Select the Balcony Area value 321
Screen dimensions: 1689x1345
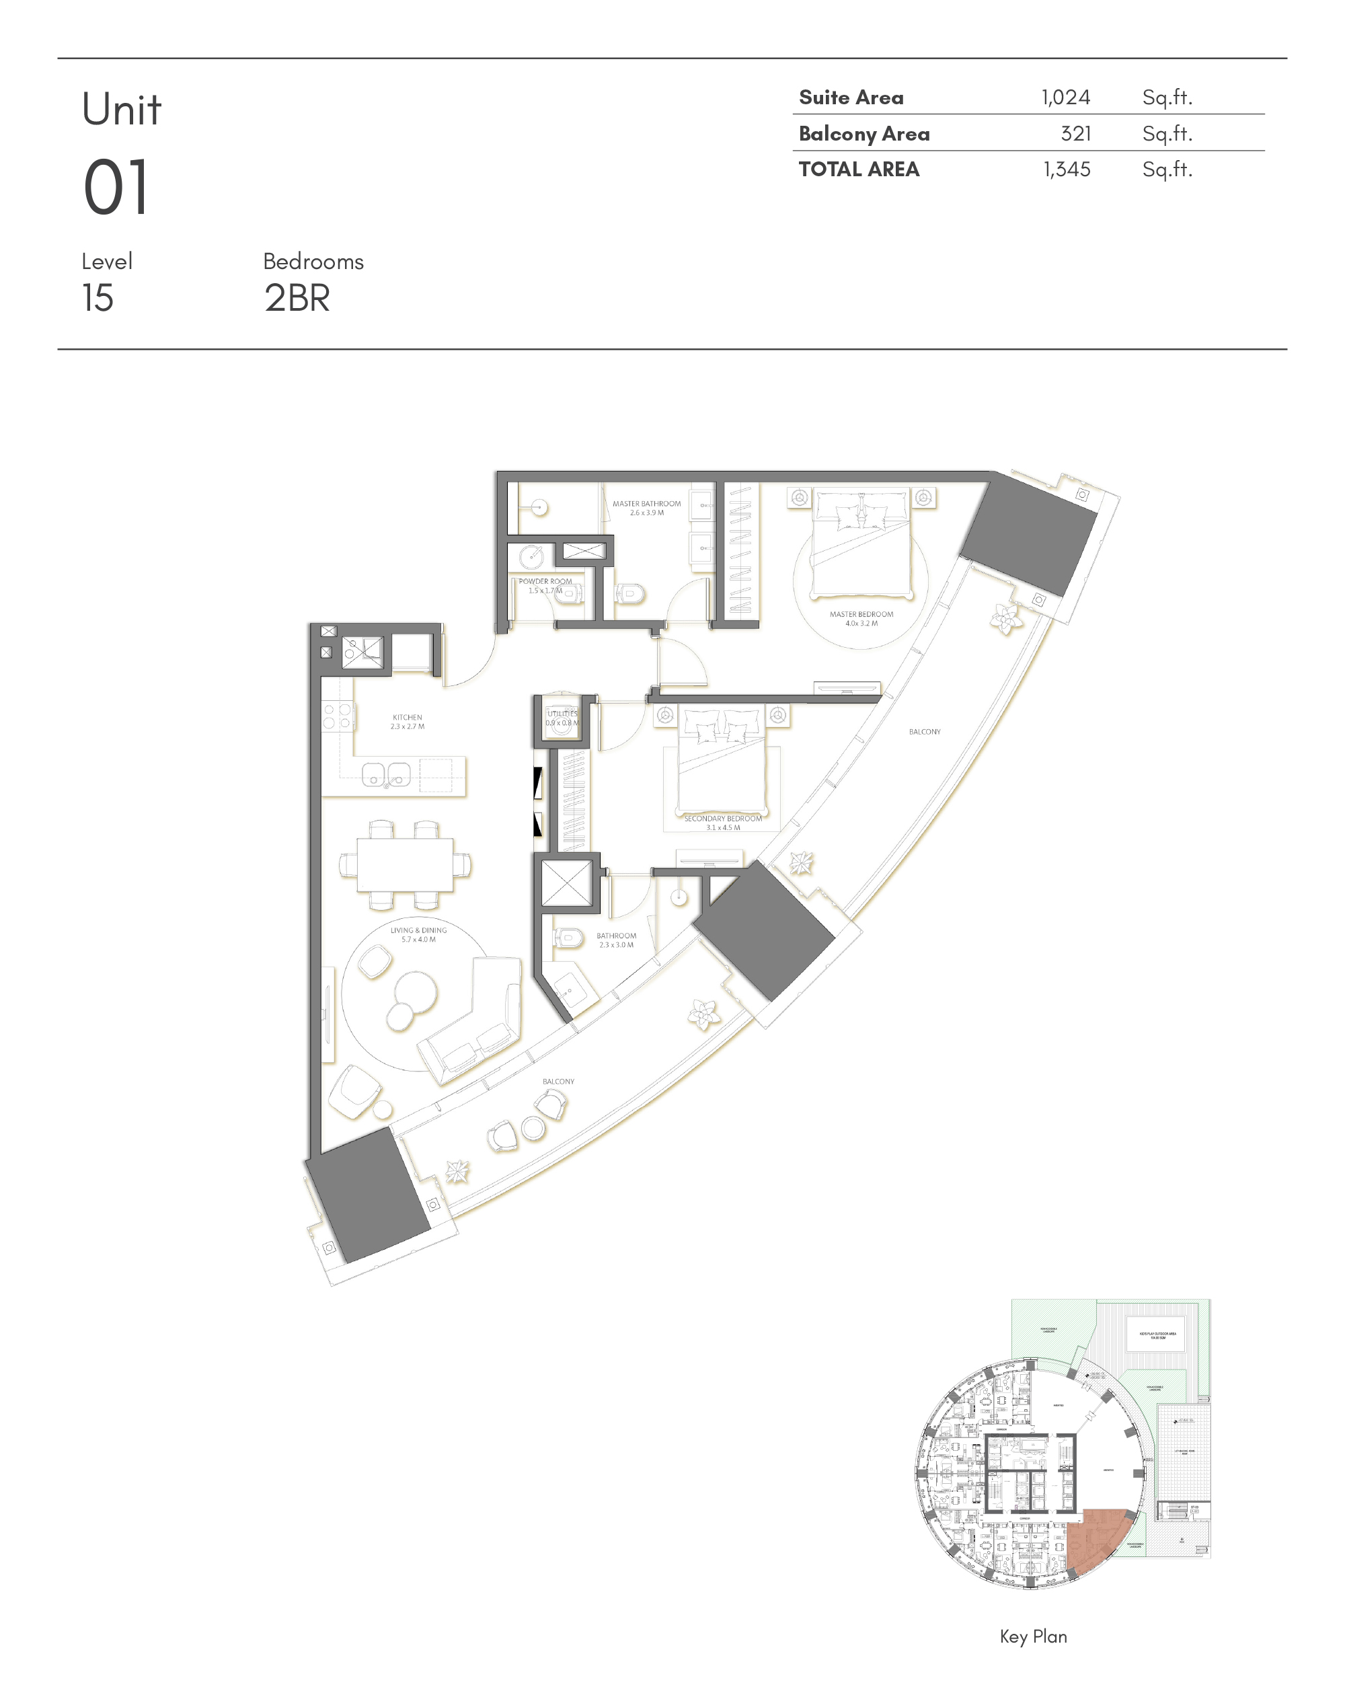click(1075, 133)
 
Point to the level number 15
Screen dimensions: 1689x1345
click(98, 298)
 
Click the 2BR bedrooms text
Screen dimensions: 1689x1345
click(297, 298)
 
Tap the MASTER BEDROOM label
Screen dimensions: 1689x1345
click(861, 614)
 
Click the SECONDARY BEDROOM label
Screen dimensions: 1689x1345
click(722, 819)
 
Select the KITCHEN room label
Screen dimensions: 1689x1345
click(407, 717)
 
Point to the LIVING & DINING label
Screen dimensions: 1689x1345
click(418, 931)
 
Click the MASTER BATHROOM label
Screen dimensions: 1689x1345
click(646, 504)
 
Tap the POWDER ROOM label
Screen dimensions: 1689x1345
click(545, 581)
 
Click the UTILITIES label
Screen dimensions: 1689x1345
click(562, 714)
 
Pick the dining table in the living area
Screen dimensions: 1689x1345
click(405, 865)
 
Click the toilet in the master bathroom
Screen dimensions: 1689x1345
click(631, 594)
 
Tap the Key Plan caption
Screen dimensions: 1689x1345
click(1032, 1637)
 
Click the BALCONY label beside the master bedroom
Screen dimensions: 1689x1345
click(924, 732)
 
